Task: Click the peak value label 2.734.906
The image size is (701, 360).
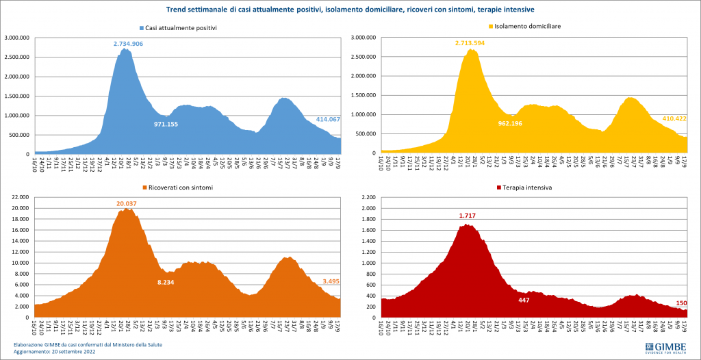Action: click(128, 44)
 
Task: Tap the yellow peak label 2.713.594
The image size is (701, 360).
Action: click(474, 43)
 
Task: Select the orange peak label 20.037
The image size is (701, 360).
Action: click(128, 203)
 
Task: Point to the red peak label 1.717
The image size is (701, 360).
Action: click(467, 216)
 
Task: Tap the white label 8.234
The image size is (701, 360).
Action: click(168, 282)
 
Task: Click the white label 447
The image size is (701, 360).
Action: click(524, 300)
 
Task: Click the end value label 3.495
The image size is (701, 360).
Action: click(332, 281)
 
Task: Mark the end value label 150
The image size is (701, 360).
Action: click(681, 303)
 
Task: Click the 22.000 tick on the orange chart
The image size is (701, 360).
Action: click(18, 197)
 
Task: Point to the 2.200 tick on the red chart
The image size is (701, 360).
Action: click(368, 197)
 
